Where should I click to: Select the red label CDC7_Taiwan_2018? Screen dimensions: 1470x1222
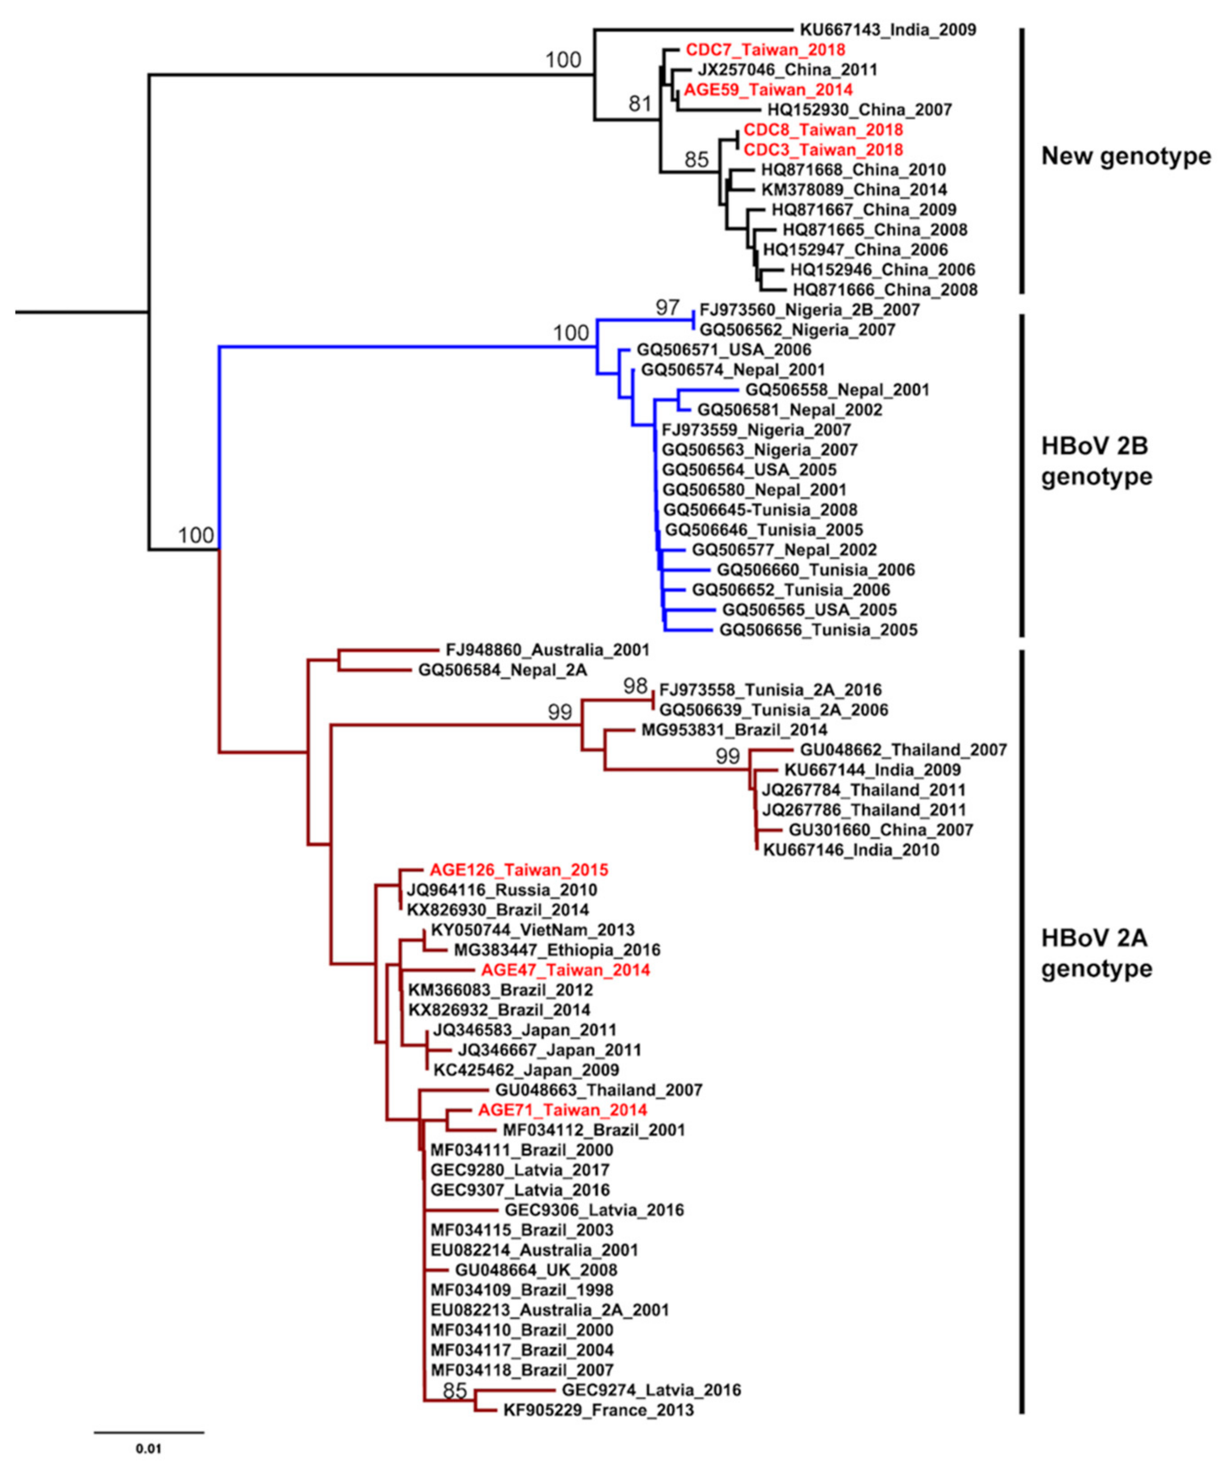(x=765, y=50)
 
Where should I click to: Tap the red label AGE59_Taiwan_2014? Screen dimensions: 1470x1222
(x=768, y=90)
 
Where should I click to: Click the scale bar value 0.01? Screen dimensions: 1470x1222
(x=148, y=1448)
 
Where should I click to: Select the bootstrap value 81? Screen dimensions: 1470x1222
(x=639, y=104)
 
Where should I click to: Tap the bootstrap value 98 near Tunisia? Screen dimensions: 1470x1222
(x=636, y=687)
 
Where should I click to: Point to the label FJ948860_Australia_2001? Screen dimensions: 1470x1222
(x=547, y=650)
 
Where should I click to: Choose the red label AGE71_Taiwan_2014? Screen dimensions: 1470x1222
(x=562, y=1110)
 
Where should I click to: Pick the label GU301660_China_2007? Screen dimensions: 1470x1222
(x=880, y=830)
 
